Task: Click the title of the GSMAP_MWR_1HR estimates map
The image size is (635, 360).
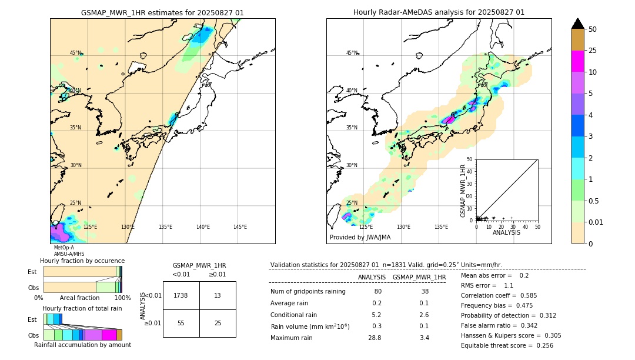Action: [x=162, y=12]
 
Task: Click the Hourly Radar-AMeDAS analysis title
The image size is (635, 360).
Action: [x=439, y=12]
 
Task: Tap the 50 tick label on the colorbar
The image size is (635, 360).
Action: [x=593, y=29]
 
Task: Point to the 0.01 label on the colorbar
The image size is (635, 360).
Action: [x=596, y=222]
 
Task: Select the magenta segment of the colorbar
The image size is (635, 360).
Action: [x=577, y=61]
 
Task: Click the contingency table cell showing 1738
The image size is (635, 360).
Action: [x=181, y=295]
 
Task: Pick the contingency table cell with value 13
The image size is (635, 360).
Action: [x=218, y=295]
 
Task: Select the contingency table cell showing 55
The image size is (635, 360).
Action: [x=181, y=324]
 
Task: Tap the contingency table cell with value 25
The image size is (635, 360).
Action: [x=218, y=324]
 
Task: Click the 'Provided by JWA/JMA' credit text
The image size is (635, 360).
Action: [x=360, y=238]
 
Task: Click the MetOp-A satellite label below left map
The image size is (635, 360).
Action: [x=63, y=248]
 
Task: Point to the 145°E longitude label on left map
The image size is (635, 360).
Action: [x=240, y=227]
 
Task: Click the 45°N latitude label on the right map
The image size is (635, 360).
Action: [x=352, y=53]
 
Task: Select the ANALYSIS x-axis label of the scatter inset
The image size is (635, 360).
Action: [x=506, y=232]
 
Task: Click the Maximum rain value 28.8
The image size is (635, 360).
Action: [x=375, y=338]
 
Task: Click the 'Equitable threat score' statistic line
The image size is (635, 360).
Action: [x=507, y=345]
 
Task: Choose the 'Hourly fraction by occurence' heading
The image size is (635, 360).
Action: [x=82, y=261]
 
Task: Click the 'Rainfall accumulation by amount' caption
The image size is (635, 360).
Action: [x=82, y=345]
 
